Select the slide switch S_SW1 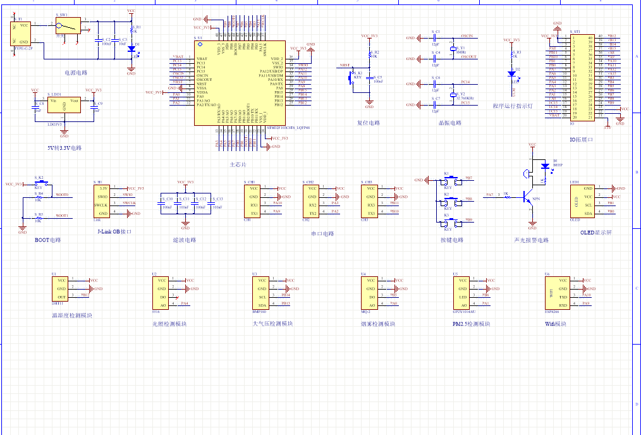coord(66,26)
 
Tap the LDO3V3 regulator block coord(64,105)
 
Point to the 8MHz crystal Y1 coord(453,49)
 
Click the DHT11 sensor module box coord(61,288)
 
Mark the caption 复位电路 coord(369,123)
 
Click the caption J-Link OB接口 coord(114,232)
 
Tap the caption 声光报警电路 coord(531,240)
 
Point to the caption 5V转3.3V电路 coord(64,148)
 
